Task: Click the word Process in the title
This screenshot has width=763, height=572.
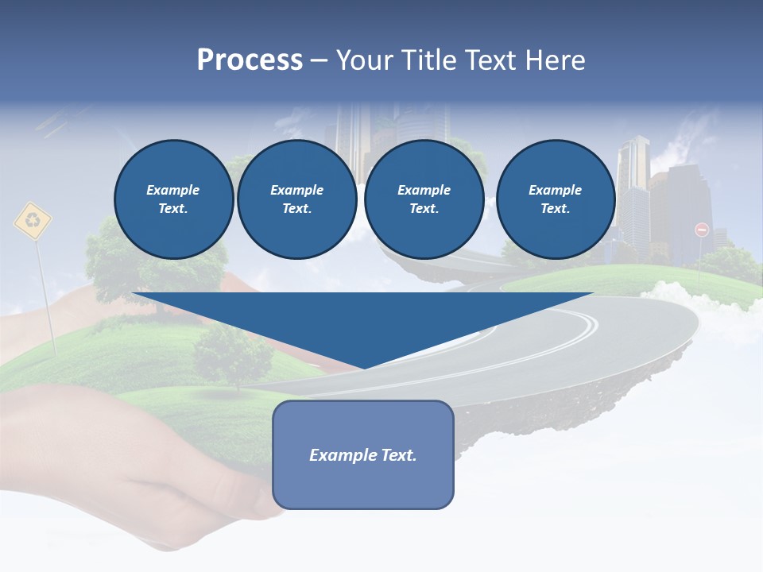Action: pyautogui.click(x=250, y=60)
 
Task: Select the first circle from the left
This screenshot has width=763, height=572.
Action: pyautogui.click(x=173, y=199)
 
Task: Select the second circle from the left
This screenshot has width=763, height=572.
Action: pyautogui.click(x=296, y=199)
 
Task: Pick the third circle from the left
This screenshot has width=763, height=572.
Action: pyautogui.click(x=424, y=199)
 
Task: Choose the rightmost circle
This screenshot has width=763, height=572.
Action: pyautogui.click(x=555, y=199)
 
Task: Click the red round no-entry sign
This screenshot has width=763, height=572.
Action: pyautogui.click(x=701, y=230)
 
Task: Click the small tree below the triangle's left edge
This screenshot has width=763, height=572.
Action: pyautogui.click(x=231, y=354)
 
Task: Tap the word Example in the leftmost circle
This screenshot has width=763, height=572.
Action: pyautogui.click(x=173, y=190)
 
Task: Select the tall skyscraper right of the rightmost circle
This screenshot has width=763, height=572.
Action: pyautogui.click(x=633, y=191)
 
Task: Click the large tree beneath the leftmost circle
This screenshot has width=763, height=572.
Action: pyautogui.click(x=119, y=262)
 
